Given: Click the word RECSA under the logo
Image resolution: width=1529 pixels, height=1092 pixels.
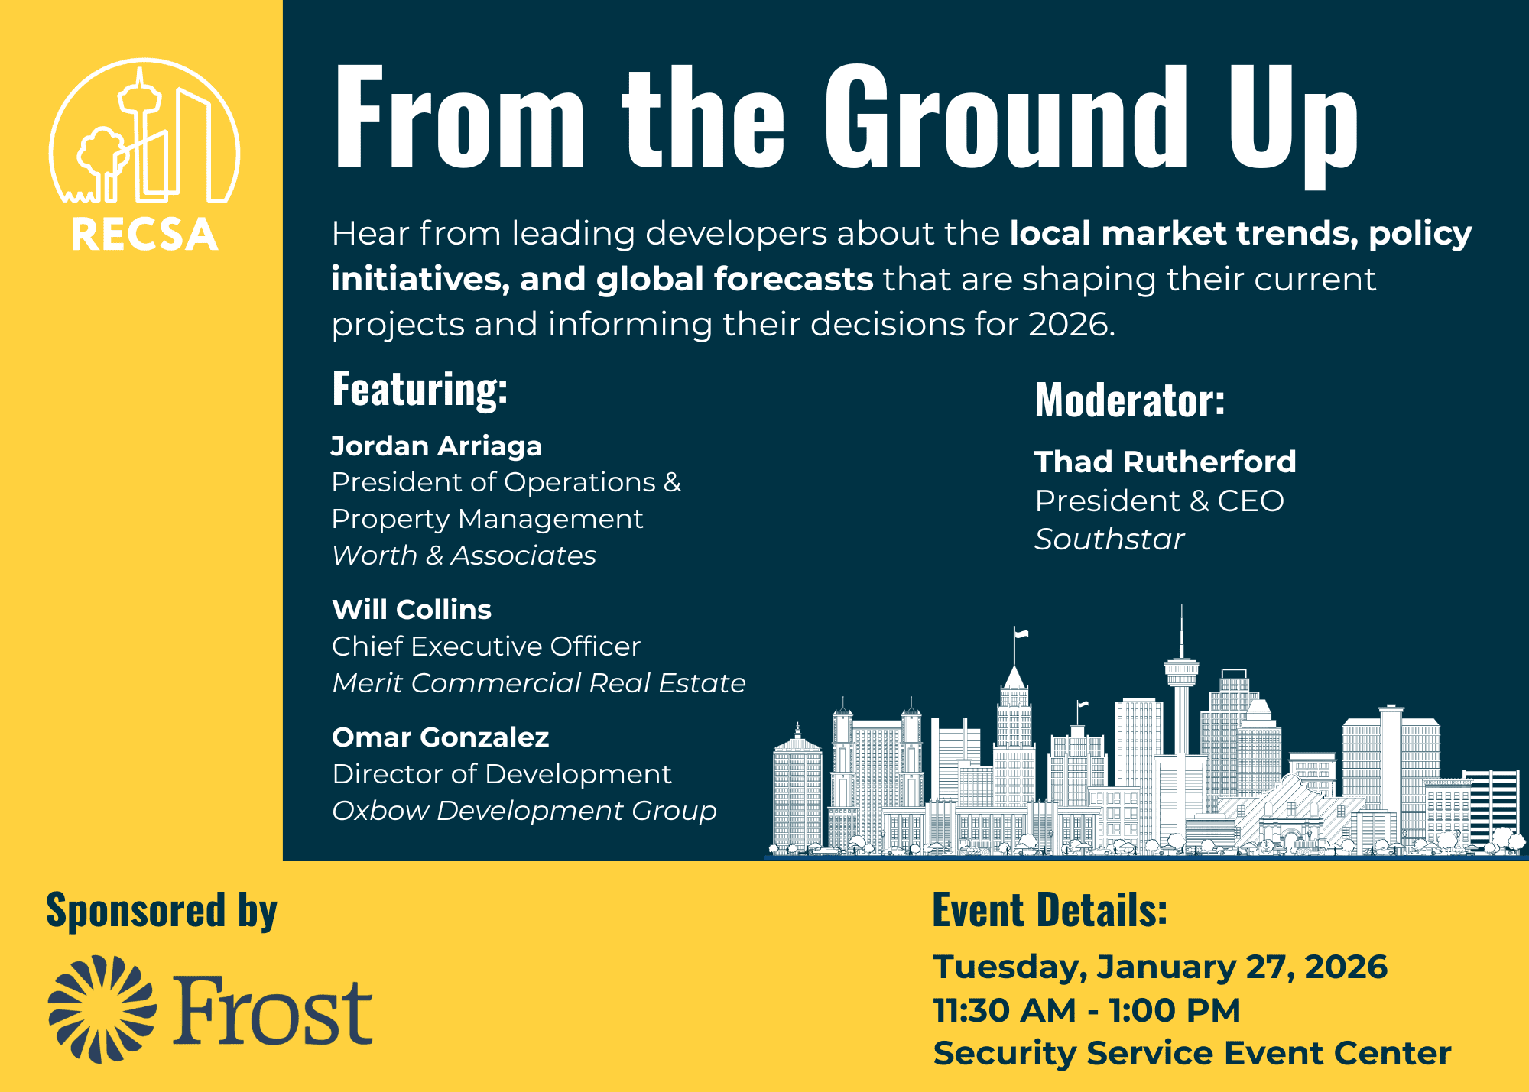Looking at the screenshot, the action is coord(144,235).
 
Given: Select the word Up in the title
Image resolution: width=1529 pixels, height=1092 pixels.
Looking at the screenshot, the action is coord(1293,126).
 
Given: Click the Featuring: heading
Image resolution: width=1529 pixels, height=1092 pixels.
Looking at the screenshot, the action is coord(420,389).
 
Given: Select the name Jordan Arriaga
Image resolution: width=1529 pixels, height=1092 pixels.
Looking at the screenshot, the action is coord(437,446).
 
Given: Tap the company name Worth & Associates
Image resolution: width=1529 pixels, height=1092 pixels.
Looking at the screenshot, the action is coord(464,556).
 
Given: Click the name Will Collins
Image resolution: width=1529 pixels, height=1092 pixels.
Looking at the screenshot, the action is coord(411,610).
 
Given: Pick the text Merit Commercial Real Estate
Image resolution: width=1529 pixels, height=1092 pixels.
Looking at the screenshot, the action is coord(539,682).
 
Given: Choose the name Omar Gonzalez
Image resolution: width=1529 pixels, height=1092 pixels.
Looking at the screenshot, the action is coord(440,737).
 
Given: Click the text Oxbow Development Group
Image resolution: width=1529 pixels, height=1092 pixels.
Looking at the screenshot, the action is coord(524,811).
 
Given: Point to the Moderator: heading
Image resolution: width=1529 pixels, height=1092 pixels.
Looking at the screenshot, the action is coord(1130,400).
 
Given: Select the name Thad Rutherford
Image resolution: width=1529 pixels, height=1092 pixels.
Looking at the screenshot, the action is coord(1165,462).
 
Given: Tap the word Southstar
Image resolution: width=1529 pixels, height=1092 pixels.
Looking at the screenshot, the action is coord(1109,540).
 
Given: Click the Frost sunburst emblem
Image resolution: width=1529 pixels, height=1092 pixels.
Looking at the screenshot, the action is coord(102,1009).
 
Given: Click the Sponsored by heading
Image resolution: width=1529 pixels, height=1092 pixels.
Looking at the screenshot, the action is coord(161,911).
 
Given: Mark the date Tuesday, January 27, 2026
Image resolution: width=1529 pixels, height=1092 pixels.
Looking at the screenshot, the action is coord(1160,967).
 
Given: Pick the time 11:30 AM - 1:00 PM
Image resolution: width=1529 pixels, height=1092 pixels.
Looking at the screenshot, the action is coord(1086,1010).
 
